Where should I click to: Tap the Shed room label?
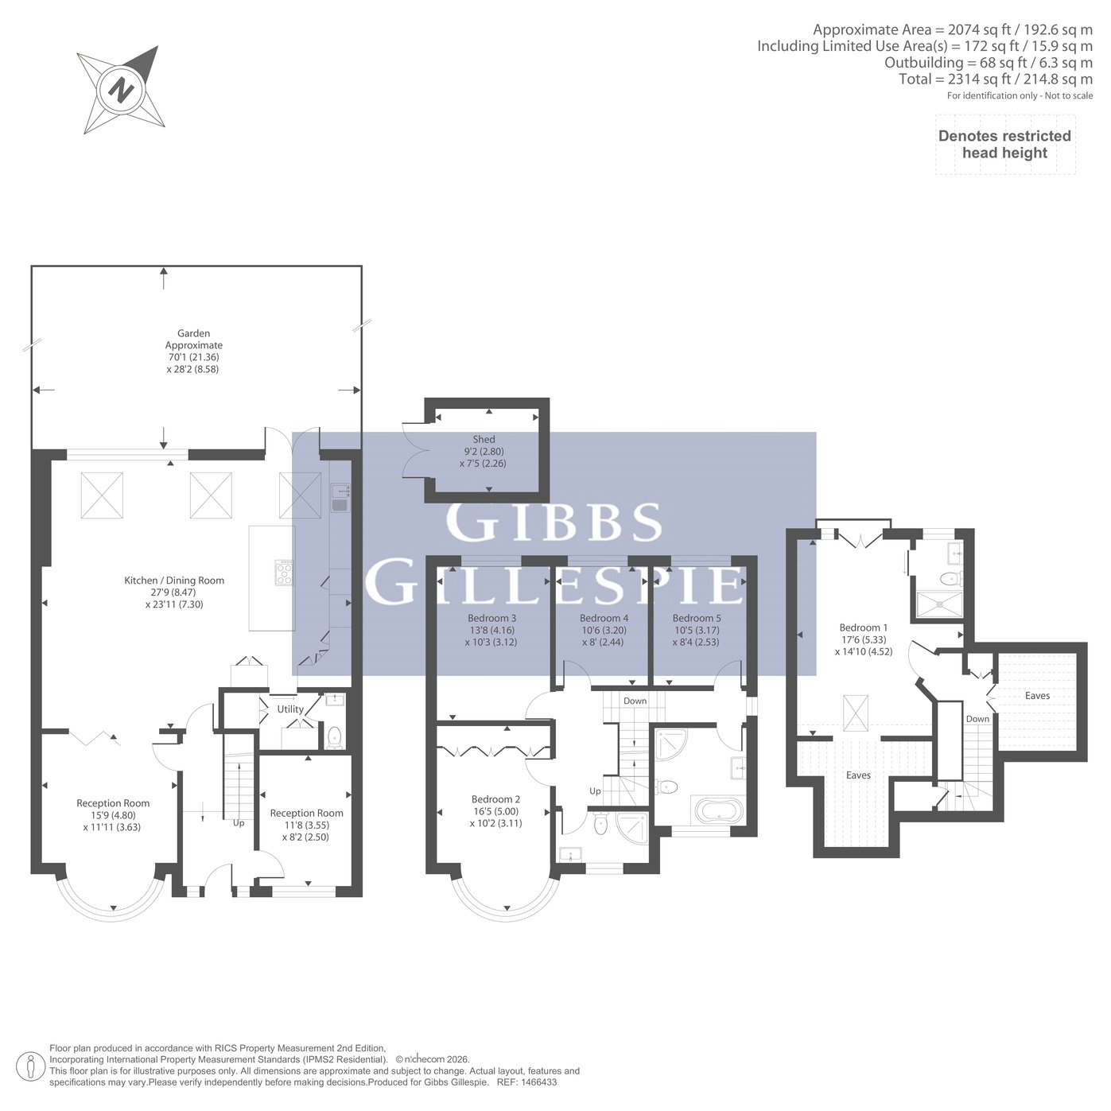[484, 439]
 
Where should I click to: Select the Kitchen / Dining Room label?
[174, 581]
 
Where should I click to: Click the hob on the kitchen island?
[285, 573]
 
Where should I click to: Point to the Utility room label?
[290, 709]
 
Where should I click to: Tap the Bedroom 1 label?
[863, 627]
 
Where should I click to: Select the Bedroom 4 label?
[604, 618]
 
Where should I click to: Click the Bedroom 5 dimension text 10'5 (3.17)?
[697, 630]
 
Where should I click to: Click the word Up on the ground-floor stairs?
[239, 823]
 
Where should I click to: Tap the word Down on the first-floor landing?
[635, 701]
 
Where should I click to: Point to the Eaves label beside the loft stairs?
[1037, 696]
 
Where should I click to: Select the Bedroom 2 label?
[495, 799]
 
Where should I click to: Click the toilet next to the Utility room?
[334, 738]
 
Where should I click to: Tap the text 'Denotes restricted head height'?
[1004, 144]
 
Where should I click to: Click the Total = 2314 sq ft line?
[995, 79]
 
